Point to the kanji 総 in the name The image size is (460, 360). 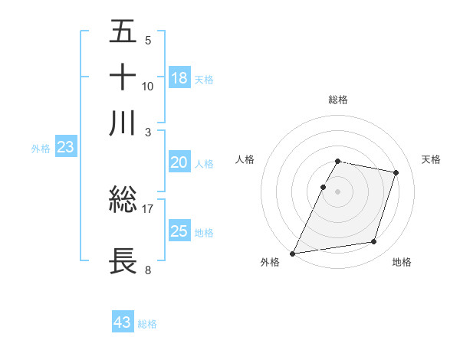pos(123,201)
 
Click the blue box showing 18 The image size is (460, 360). pos(179,78)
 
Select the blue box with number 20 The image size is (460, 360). pos(179,162)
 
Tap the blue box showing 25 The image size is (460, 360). pos(179,231)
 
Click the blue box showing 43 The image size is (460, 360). pos(123,322)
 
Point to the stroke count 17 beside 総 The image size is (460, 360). pos(148,209)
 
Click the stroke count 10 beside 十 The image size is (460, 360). pos(148,86)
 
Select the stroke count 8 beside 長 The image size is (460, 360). pos(147,269)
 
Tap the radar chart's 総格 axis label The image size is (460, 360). pos(338,100)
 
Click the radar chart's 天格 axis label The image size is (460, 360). pos(432,159)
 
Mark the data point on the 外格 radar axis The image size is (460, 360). pos(293,253)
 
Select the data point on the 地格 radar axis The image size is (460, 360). pos(374,242)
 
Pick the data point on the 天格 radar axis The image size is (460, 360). pos(396,172)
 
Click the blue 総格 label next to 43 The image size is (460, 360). pos(147,324)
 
